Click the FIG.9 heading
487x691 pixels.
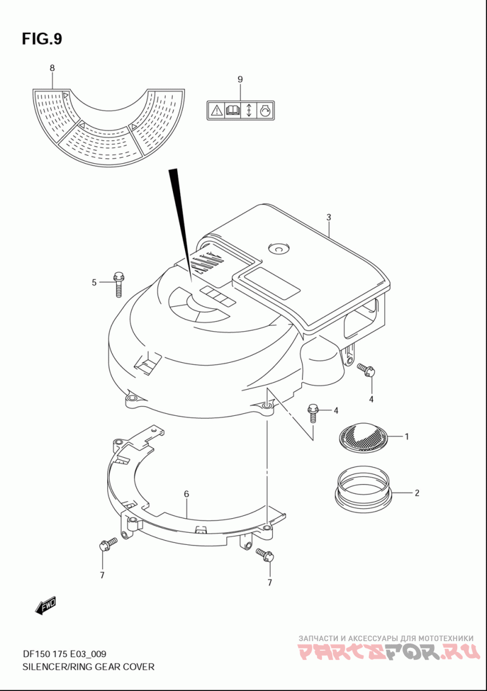click(42, 39)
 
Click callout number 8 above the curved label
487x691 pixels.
click(52, 68)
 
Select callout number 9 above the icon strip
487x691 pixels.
click(240, 80)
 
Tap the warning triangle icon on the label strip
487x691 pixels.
click(216, 110)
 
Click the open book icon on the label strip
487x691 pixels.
click(232, 110)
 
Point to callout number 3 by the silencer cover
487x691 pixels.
click(328, 217)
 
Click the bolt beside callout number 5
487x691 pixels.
click(119, 284)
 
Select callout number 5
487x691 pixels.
click(94, 282)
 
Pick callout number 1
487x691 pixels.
click(407, 437)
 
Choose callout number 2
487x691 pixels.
click(416, 493)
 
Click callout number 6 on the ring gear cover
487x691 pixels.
click(186, 494)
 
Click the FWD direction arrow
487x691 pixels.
click(46, 605)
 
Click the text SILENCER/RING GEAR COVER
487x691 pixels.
click(88, 667)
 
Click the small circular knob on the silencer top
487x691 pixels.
click(278, 248)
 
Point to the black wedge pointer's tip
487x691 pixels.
click(192, 282)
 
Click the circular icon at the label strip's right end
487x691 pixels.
click(265, 110)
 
